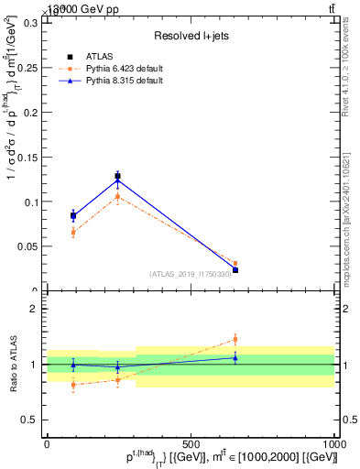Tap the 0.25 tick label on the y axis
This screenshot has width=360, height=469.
pyautogui.click(x=29, y=68)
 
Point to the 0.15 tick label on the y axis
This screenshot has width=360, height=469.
pyautogui.click(x=29, y=157)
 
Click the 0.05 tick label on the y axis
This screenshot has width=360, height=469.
pyautogui.click(x=29, y=246)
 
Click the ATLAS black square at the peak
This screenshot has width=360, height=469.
pyautogui.click(x=117, y=176)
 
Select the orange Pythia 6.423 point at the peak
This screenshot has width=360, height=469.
pyautogui.click(x=117, y=196)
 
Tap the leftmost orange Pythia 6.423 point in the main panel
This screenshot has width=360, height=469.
pyautogui.click(x=73, y=233)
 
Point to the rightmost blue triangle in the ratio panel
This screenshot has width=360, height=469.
pyautogui.click(x=235, y=357)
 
